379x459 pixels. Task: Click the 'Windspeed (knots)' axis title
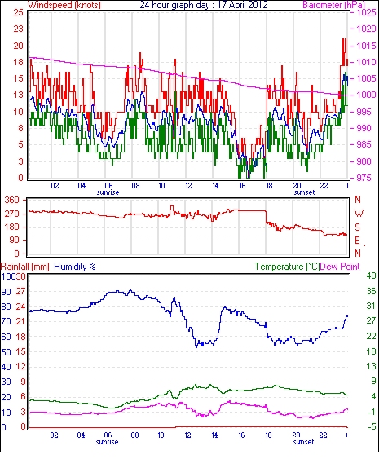pos(64,5)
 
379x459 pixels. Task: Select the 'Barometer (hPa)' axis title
pos(333,5)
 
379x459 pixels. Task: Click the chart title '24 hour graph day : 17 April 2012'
pos(204,5)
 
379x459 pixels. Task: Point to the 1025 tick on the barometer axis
pos(366,12)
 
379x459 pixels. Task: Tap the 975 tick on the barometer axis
pos(365,178)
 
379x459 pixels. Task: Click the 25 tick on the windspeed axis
pos(18,12)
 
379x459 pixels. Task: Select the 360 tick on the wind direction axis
pos(12,201)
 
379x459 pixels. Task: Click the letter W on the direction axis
pos(359,214)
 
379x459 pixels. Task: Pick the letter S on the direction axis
pos(357,227)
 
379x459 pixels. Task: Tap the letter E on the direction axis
pos(357,241)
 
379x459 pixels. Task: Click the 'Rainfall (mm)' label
pos(25,267)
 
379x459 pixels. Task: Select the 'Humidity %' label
pos(75,267)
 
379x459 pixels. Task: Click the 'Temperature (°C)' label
pos(287,267)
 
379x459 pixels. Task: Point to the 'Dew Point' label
pos(340,267)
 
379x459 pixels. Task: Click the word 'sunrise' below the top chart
pos(108,192)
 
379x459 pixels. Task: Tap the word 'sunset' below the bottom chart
pos(303,442)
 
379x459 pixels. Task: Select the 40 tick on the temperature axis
pos(371,276)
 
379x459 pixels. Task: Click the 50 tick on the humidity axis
pos(7,352)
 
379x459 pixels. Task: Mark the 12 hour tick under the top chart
pos(188,186)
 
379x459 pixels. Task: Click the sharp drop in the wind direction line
pos(266,217)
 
